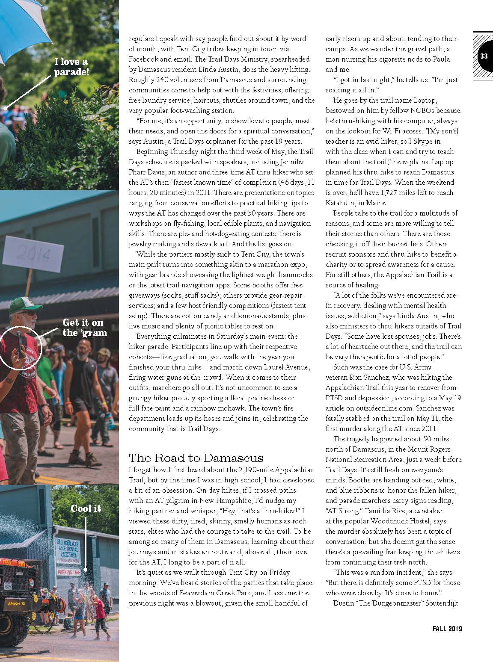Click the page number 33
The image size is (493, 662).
(x=484, y=56)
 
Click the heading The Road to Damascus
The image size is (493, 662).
(x=196, y=458)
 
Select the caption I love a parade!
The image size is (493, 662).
(x=71, y=67)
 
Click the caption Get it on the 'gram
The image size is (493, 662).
(x=85, y=327)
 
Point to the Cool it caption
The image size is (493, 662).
(x=86, y=508)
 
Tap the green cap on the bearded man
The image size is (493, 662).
(x=26, y=302)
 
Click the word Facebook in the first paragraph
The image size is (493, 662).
(x=144, y=59)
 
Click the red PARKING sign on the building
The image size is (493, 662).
(x=65, y=571)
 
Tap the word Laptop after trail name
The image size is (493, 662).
(x=425, y=100)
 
